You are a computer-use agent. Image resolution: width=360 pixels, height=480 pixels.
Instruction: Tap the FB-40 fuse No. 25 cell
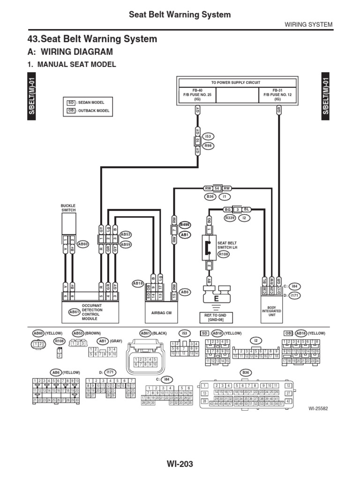point(197,95)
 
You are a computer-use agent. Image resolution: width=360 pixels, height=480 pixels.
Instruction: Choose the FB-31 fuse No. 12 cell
point(277,95)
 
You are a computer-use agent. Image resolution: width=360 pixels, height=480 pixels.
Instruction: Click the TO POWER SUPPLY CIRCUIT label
point(237,82)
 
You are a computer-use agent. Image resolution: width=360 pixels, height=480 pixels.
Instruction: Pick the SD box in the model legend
point(71,102)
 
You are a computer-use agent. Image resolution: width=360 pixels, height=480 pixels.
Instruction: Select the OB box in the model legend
point(71,111)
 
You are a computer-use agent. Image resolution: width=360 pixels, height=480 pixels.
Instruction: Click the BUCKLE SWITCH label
point(68,208)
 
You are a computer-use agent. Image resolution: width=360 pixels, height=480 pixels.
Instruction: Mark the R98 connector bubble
point(209,146)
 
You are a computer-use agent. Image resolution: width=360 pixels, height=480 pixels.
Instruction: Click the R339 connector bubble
point(230,217)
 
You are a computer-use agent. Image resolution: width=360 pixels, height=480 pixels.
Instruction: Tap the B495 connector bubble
point(185,225)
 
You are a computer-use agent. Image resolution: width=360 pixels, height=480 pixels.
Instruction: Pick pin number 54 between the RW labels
point(217,188)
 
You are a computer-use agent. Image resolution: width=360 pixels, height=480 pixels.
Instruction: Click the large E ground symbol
point(216,297)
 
